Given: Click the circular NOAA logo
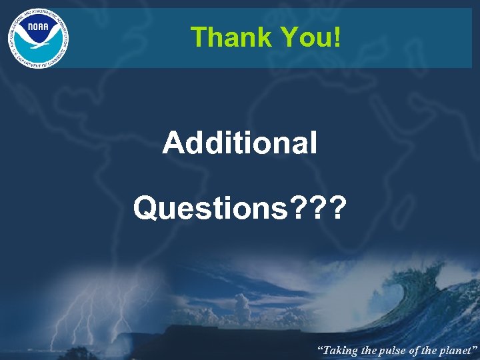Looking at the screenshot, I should coord(38,38).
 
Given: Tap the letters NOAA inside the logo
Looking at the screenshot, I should coord(37,29).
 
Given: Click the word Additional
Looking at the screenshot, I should coord(240,142).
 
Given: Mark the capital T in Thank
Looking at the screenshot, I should coord(197,37).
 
